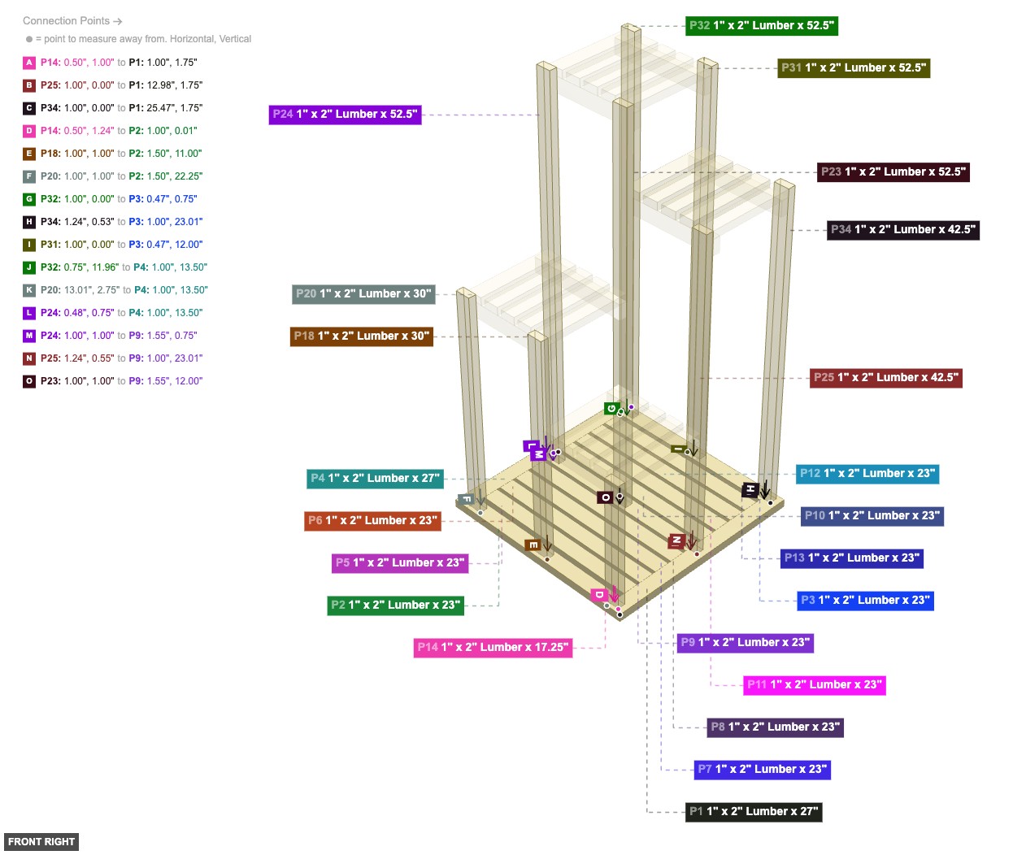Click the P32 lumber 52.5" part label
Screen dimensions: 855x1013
click(761, 26)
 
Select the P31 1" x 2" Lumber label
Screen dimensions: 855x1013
click(853, 68)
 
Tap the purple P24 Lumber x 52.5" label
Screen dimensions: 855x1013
click(345, 115)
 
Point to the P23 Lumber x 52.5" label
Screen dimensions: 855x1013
click(893, 172)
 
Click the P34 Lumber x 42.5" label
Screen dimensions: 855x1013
click(902, 230)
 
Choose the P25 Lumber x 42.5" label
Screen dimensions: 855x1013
click(885, 378)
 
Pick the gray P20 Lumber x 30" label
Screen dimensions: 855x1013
click(363, 294)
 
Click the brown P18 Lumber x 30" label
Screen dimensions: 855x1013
click(361, 336)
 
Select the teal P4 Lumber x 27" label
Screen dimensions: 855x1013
click(375, 479)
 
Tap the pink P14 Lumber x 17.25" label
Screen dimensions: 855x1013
click(493, 648)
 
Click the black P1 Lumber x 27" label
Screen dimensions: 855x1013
click(754, 812)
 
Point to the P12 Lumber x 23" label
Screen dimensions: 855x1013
click(867, 474)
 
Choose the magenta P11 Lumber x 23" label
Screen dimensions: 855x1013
click(814, 685)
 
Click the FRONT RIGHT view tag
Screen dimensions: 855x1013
click(41, 842)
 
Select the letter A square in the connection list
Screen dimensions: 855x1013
click(29, 63)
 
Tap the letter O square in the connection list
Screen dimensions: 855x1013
click(29, 381)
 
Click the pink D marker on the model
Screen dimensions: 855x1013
click(599, 595)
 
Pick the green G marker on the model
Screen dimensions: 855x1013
click(611, 408)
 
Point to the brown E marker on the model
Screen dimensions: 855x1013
click(533, 545)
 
